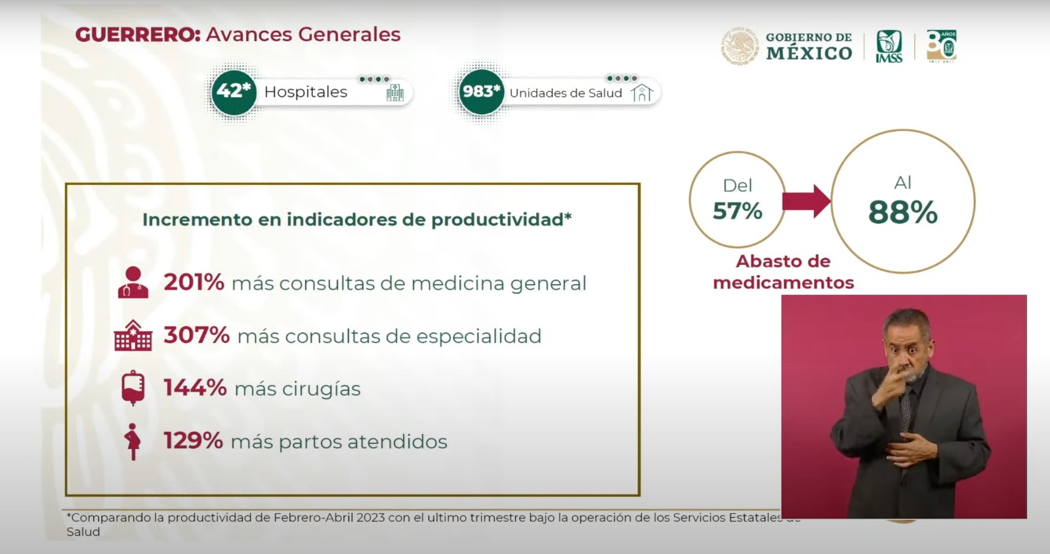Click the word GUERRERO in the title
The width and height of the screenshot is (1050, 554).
tap(137, 35)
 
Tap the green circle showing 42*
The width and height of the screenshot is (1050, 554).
tap(234, 92)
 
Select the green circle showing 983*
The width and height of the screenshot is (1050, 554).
tap(481, 92)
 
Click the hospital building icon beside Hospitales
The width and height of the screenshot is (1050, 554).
tap(394, 92)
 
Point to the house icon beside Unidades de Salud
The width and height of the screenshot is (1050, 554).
tap(642, 92)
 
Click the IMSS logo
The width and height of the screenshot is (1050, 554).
tap(889, 46)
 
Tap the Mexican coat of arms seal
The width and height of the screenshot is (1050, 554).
tap(740, 46)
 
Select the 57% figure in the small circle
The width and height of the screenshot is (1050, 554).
tap(738, 210)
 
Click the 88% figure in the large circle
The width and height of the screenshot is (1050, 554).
tap(903, 212)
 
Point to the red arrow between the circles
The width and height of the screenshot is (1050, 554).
tap(807, 201)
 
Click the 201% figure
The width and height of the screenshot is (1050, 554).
tap(194, 283)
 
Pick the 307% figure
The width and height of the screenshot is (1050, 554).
tap(196, 335)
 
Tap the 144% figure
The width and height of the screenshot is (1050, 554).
tap(195, 387)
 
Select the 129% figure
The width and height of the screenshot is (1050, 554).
tap(193, 441)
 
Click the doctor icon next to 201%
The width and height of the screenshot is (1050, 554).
tap(133, 283)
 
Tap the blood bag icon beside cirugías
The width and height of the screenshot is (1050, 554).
tap(133, 387)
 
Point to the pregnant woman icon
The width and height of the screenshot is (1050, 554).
tap(133, 442)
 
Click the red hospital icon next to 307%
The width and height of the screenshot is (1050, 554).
tap(133, 335)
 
